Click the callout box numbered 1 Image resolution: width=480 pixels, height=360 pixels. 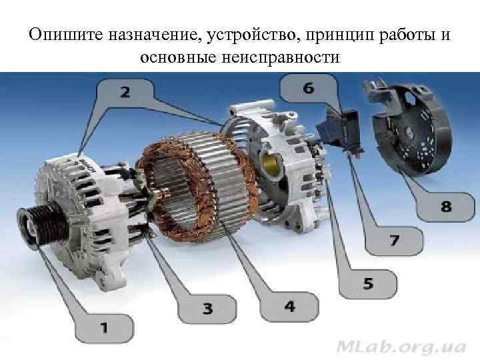[104, 327]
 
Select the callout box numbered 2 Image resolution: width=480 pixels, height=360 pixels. [125, 93]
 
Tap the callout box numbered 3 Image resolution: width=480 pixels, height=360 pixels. [207, 308]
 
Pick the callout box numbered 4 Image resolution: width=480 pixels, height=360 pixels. [289, 306]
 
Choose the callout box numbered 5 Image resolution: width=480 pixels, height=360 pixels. [368, 283]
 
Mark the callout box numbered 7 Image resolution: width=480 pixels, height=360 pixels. [395, 239]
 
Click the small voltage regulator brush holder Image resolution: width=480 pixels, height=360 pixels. [341, 129]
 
